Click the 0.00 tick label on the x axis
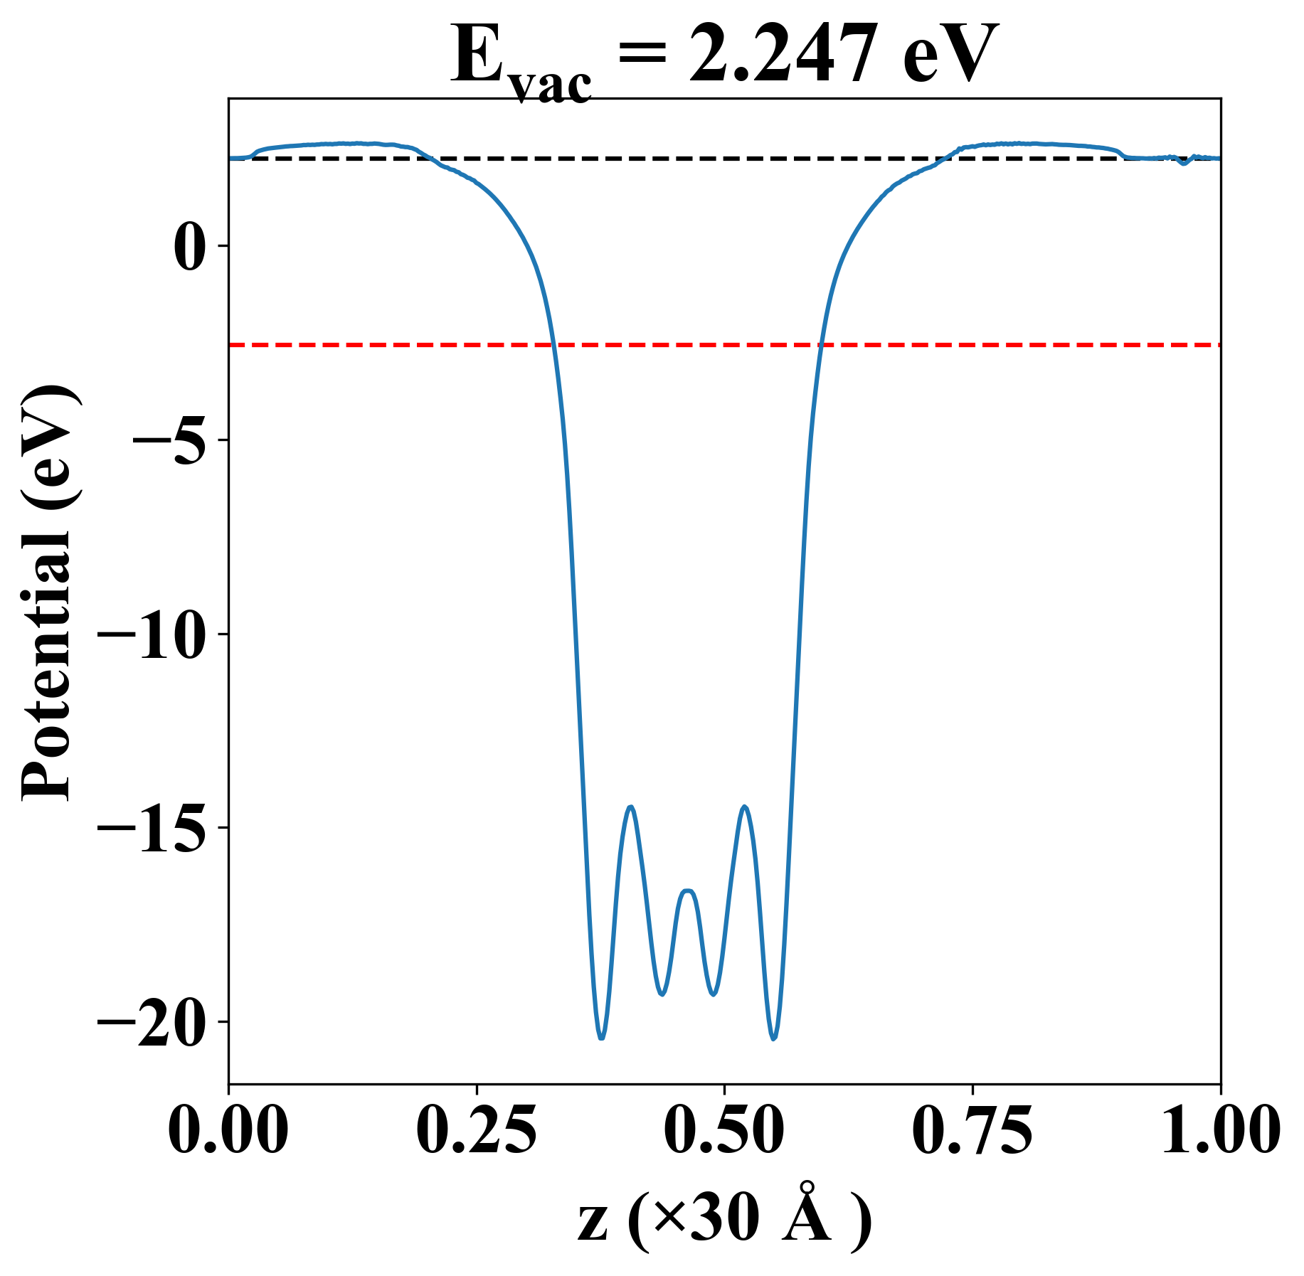[x=228, y=1130]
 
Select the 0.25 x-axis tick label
[x=476, y=1130]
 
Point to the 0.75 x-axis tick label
[x=972, y=1130]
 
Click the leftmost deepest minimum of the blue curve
[x=602, y=1038]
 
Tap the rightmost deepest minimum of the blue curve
[x=774, y=1038]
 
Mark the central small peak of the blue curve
[x=688, y=890]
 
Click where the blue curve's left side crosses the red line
[x=553, y=345]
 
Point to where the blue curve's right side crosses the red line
[x=820, y=345]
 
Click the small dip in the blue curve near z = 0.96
[x=1183, y=164]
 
